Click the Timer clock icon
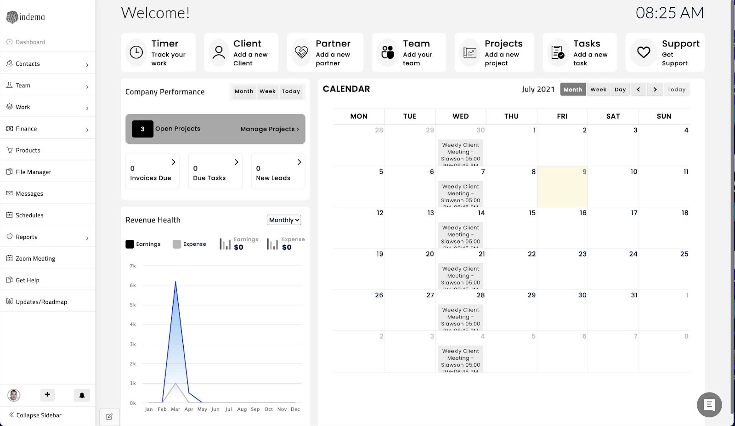(x=136, y=52)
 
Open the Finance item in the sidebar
(x=26, y=129)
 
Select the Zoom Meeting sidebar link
(x=35, y=259)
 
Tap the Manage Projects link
(x=269, y=129)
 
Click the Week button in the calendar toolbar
(x=598, y=90)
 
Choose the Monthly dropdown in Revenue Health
(x=284, y=220)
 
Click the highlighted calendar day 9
(x=562, y=187)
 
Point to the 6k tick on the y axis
(x=133, y=285)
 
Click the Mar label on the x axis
(x=175, y=409)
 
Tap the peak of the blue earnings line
(x=175, y=282)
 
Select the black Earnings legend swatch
(x=130, y=244)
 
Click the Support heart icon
(x=644, y=52)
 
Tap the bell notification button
(x=82, y=395)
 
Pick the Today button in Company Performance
(x=291, y=91)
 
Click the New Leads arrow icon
(x=299, y=162)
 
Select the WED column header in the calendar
(x=460, y=116)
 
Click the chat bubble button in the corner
(x=709, y=404)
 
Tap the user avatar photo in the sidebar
(x=14, y=395)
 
